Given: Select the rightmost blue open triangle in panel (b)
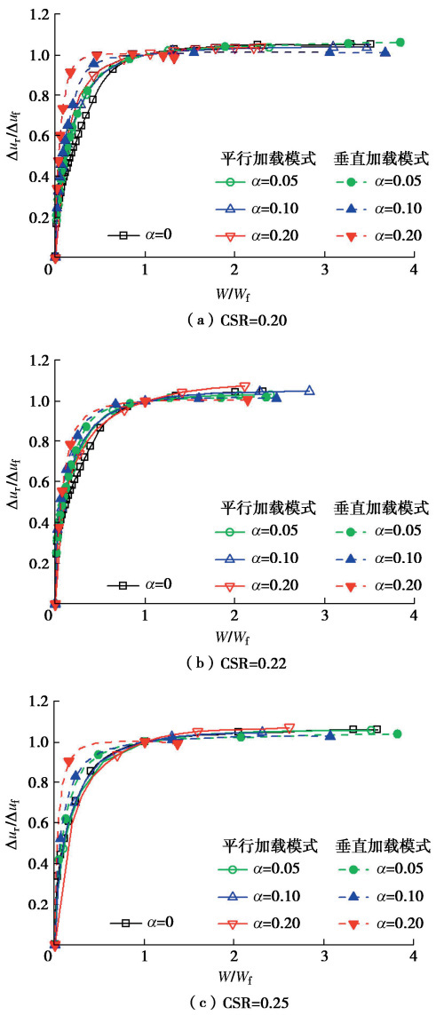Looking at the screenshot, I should click(x=309, y=391).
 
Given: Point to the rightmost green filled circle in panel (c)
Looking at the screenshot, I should click(x=397, y=733).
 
